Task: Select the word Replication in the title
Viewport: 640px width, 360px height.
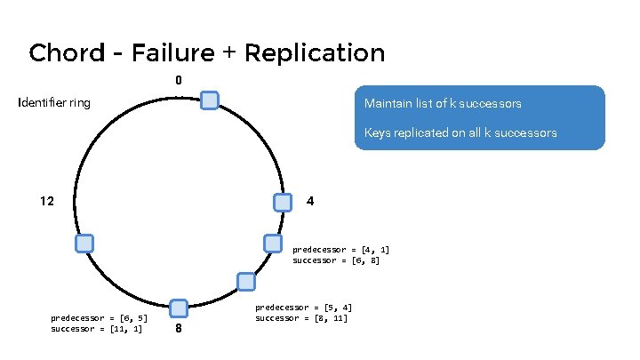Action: point(314,53)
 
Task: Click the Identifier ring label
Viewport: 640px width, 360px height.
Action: point(54,103)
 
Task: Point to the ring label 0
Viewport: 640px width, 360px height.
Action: point(178,81)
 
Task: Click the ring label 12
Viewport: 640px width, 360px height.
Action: point(47,201)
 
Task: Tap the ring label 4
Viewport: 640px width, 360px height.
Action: point(309,201)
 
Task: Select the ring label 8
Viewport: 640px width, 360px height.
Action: point(179,328)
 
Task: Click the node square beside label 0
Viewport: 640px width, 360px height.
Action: point(210,100)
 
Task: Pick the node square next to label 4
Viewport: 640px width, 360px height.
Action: point(282,203)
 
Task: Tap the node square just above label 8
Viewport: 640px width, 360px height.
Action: point(178,308)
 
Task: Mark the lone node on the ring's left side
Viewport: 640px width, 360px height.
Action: point(84,244)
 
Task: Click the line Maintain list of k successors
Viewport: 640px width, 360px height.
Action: point(443,104)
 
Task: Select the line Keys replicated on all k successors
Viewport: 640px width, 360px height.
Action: point(460,133)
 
